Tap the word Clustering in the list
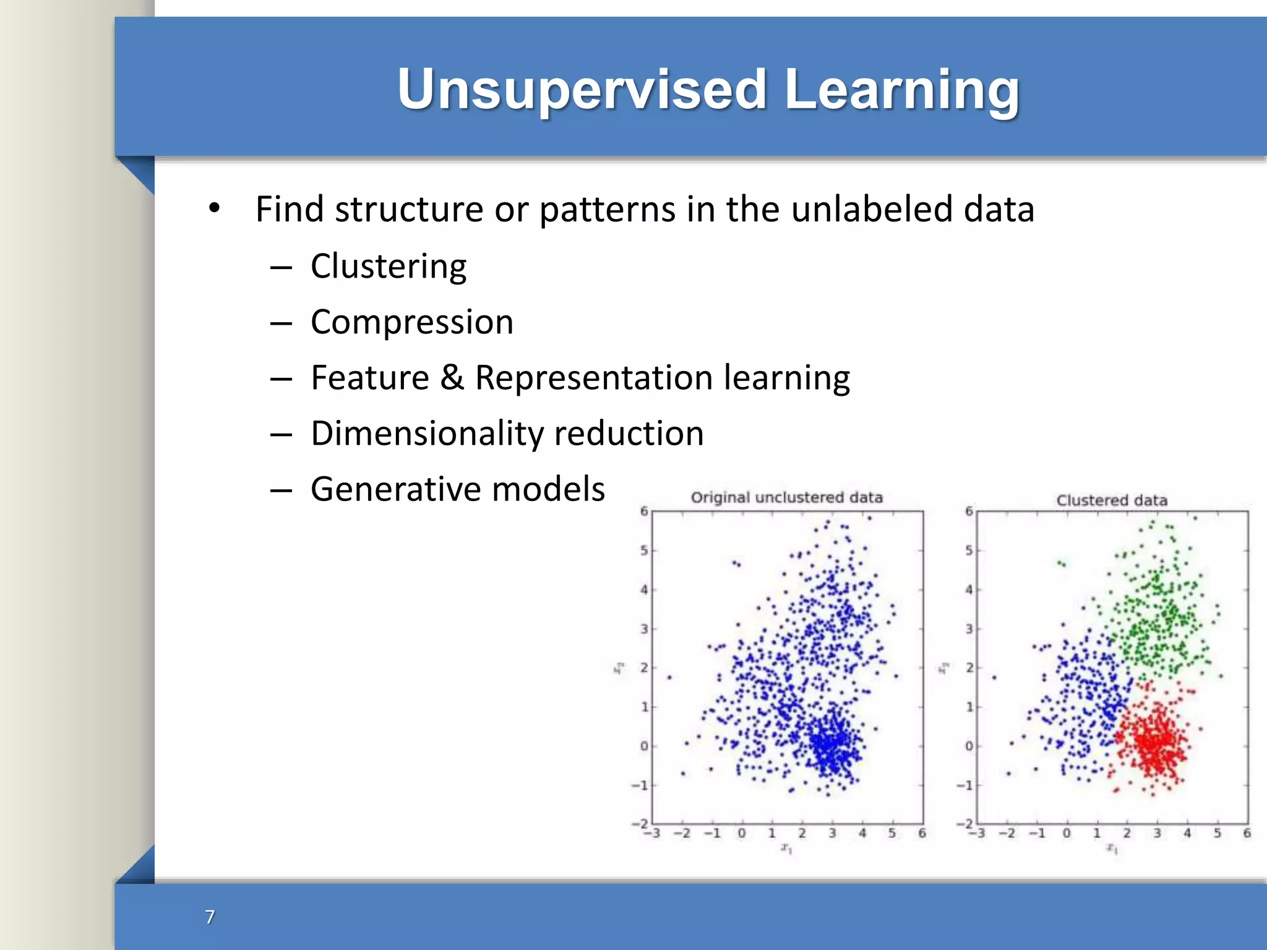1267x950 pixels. point(389,267)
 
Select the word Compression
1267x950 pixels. point(412,322)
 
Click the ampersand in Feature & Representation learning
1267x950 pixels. point(452,377)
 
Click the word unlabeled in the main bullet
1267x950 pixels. point(872,209)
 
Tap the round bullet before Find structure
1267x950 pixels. point(214,208)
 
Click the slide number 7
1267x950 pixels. point(210,917)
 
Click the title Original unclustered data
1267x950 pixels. point(786,497)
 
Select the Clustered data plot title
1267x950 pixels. point(1112,500)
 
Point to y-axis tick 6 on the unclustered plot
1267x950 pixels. point(644,511)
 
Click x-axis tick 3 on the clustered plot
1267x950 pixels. point(1157,833)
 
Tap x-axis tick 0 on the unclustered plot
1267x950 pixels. point(741,833)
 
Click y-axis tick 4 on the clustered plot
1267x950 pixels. point(969,589)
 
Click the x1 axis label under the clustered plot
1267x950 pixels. point(1112,849)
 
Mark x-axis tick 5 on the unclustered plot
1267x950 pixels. point(891,833)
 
